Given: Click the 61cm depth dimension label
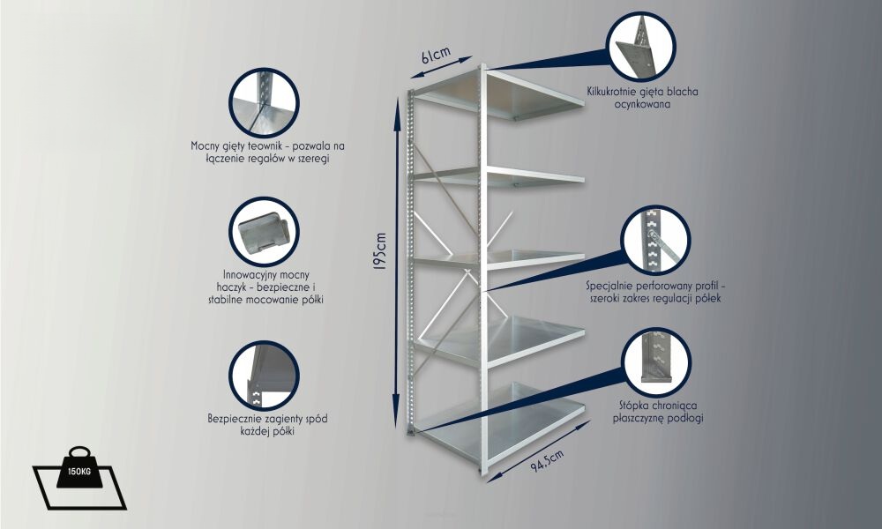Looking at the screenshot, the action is pyautogui.click(x=436, y=55).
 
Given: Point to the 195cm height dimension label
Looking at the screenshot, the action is pyautogui.click(x=380, y=251).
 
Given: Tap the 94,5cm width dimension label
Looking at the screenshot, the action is pyautogui.click(x=548, y=460).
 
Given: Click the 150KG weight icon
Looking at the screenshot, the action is pyautogui.click(x=79, y=478).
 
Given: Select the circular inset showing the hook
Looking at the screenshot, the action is pyautogui.click(x=264, y=232).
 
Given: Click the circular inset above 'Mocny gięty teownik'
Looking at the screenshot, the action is pyautogui.click(x=264, y=103).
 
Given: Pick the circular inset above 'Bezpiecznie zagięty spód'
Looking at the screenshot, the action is pyautogui.click(x=264, y=376).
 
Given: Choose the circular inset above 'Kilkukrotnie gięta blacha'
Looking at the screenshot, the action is pyautogui.click(x=642, y=46).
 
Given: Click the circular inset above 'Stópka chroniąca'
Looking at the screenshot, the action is pyautogui.click(x=657, y=362).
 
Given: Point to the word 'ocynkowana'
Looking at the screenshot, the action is pyautogui.click(x=642, y=104).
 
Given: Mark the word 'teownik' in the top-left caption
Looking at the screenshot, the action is pyautogui.click(x=265, y=146).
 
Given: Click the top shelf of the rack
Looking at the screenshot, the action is pyautogui.click(x=501, y=93).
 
